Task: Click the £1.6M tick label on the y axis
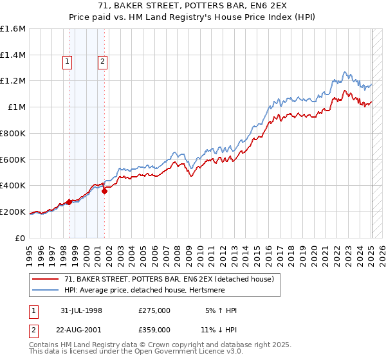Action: pos(14,29)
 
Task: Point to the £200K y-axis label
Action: pos(13,212)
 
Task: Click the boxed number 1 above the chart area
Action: pos(68,62)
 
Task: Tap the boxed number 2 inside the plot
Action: pos(102,62)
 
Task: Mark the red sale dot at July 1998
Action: pos(69,202)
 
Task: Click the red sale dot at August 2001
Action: pos(104,191)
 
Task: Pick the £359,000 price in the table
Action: pos(154,329)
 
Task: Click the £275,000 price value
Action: pos(154,310)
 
